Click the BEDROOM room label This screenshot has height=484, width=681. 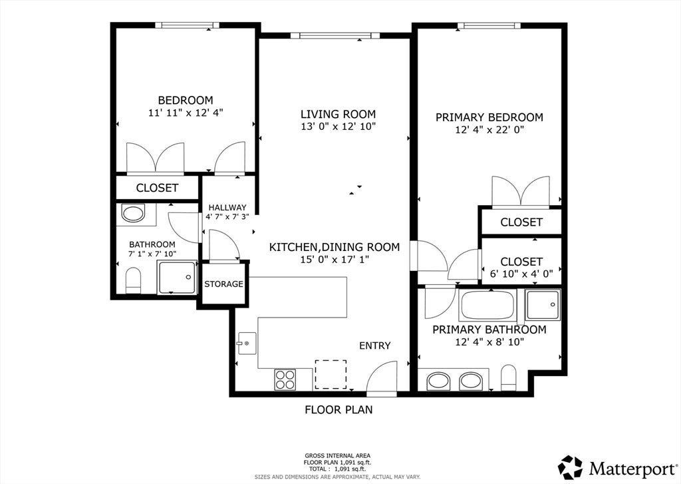pos(186,101)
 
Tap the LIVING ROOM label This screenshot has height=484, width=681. pos(339,115)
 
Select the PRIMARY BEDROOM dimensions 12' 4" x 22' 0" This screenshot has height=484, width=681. pos(490,130)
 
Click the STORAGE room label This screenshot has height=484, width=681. pos(223,284)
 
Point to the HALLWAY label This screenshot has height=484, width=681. pos(227,208)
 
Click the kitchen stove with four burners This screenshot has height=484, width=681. pos(285,379)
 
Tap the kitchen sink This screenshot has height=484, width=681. pos(246,343)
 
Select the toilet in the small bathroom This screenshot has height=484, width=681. pos(133,280)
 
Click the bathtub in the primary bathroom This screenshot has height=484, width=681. pos(487,305)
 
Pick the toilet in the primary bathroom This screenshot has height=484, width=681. pos(509,377)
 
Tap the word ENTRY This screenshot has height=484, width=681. pos(375,346)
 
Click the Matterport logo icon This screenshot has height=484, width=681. pos(570,467)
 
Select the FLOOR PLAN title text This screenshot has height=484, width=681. pos(339,409)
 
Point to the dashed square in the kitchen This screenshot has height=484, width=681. pos(331,374)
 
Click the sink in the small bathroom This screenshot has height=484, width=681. pos(133,214)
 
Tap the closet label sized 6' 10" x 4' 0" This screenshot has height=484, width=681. pos(521,267)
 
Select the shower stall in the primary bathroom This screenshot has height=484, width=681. pos(543,304)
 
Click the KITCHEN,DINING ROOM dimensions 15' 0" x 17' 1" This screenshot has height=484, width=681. pos(335,260)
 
